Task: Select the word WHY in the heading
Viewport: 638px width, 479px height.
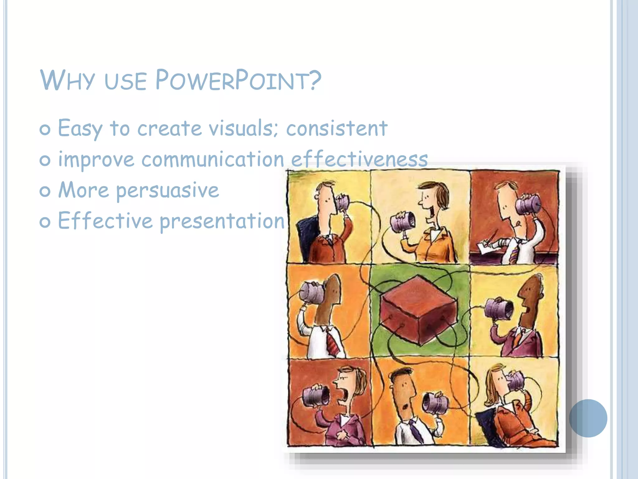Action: (67, 80)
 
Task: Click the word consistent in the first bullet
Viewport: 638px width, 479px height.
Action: (337, 128)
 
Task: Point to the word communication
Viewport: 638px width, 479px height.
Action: (213, 159)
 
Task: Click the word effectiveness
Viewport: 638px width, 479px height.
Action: (359, 159)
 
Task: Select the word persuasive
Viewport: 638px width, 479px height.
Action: (168, 190)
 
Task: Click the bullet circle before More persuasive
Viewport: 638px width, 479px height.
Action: (45, 191)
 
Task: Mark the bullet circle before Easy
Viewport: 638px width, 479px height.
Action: (45, 129)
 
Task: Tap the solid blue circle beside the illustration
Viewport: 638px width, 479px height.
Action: (588, 418)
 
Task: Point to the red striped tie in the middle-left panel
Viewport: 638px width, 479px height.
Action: (332, 343)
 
